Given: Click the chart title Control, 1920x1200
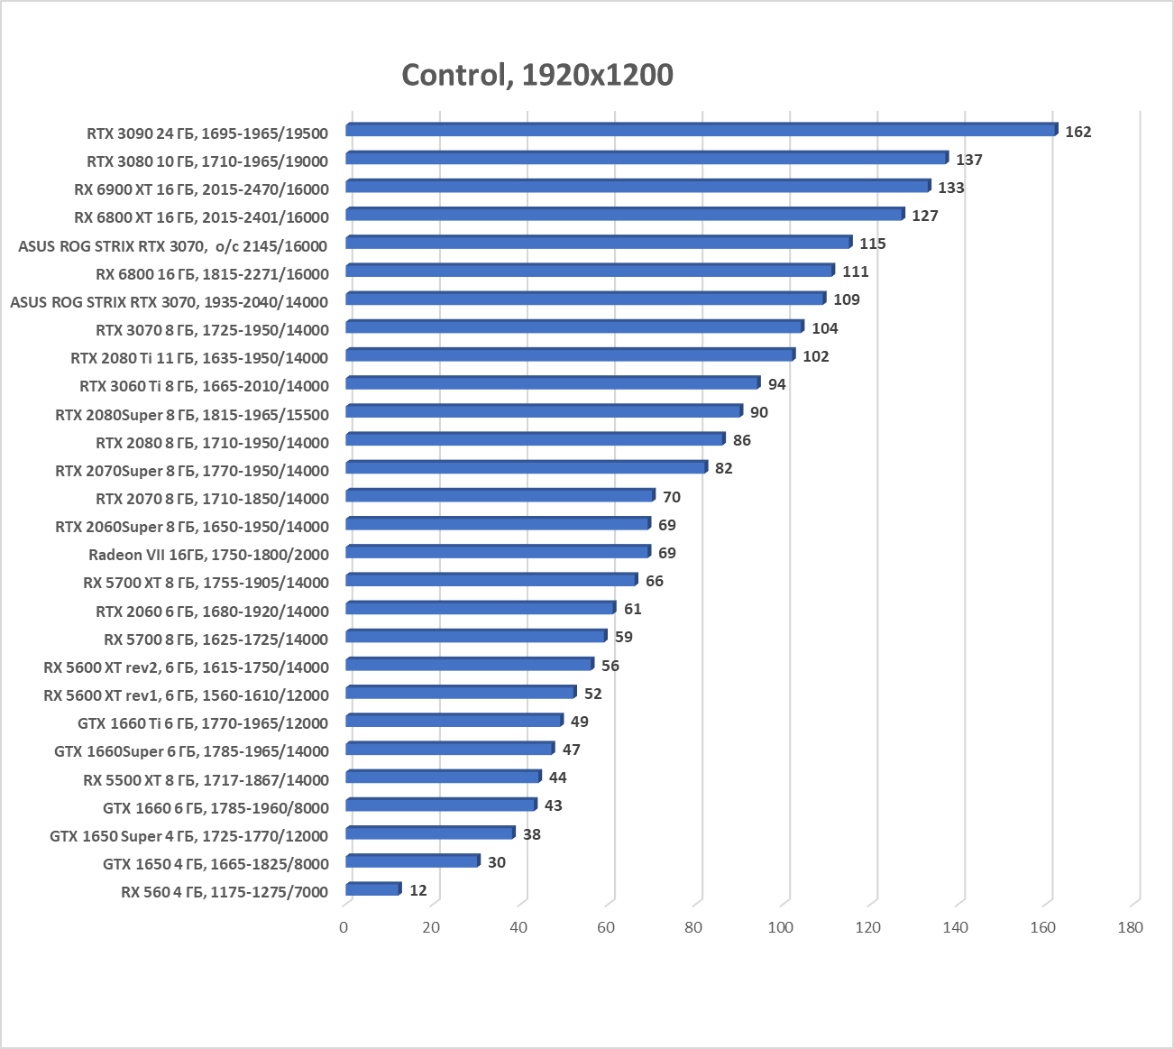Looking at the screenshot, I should coord(537,74).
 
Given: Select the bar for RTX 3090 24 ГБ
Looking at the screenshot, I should coord(701,130).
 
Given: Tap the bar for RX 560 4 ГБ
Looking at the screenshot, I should coord(372,889).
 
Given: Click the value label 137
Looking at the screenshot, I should coord(969,160).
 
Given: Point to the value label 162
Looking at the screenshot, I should coord(1078,132).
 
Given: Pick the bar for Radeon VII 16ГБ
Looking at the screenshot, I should coord(497,551).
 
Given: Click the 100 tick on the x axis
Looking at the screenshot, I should coord(781,927).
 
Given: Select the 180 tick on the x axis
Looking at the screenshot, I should coord(1130,927).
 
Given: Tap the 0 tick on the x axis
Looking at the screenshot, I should coord(344,927).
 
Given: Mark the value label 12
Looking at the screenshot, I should coord(418,890).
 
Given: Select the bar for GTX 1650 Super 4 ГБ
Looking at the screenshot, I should coord(430,833).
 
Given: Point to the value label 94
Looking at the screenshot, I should coord(777,384).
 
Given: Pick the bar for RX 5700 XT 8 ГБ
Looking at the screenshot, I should coord(491,579).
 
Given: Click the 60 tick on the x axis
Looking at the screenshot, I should coord(606,927).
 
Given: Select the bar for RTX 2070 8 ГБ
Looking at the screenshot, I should coord(500,495).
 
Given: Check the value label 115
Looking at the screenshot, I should coord(873,244).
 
